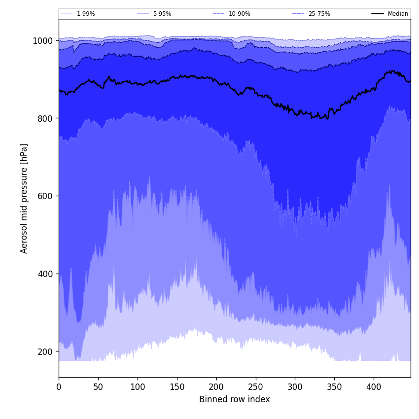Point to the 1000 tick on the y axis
click(43, 40)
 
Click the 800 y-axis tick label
click(45, 118)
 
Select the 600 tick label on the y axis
click(45, 196)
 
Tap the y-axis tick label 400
click(45, 274)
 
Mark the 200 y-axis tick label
click(45, 351)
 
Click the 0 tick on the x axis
click(59, 387)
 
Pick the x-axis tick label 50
click(98, 387)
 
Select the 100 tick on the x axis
click(138, 387)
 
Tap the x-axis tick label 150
click(177, 387)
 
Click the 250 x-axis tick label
click(256, 387)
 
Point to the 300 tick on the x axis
click(295, 387)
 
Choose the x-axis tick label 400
click(374, 387)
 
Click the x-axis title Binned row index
click(235, 400)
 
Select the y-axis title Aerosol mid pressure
click(24, 198)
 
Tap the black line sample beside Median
click(378, 14)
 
